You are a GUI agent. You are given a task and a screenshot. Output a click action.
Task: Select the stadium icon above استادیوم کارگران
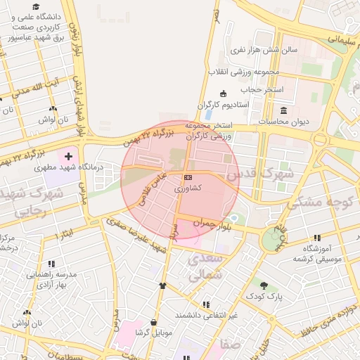[224, 94]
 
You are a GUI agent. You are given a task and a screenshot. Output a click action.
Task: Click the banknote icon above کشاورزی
[187, 178]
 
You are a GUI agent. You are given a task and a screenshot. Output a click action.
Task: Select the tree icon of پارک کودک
[264, 285]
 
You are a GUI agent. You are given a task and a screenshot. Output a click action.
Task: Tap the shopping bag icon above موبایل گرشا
[153, 321]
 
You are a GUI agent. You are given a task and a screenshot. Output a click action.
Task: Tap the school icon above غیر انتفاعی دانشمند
[206, 304]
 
